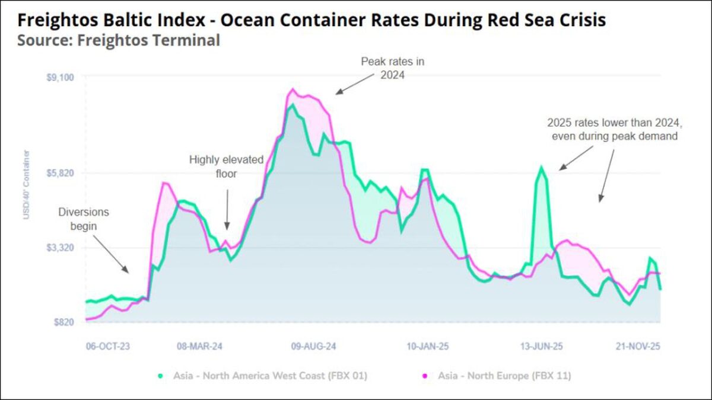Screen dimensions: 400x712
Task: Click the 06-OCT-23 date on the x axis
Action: tap(107, 346)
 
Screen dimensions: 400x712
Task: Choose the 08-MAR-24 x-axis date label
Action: tap(199, 346)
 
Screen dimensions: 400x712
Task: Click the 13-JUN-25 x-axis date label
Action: tap(542, 346)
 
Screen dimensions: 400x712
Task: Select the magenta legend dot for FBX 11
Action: tap(425, 376)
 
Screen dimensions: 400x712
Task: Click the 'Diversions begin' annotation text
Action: tap(83, 218)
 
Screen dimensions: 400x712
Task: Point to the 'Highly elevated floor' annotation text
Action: tap(226, 166)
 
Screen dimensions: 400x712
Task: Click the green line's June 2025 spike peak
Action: tap(541, 167)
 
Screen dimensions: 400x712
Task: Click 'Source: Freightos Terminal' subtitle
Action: tap(119, 40)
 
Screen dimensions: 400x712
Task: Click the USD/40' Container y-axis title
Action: tap(26, 184)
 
